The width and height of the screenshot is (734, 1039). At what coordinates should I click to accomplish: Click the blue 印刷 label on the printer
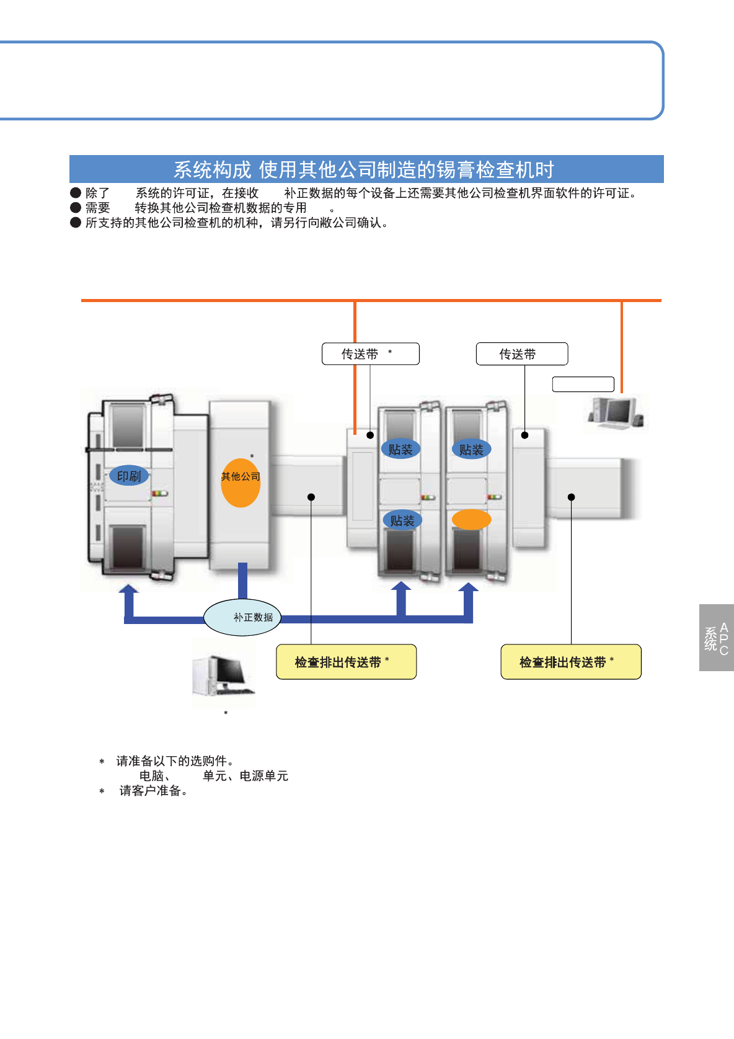[x=129, y=476]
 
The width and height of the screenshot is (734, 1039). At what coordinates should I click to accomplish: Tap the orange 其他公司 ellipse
[x=241, y=483]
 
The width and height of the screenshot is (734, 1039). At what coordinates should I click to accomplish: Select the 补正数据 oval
[x=242, y=617]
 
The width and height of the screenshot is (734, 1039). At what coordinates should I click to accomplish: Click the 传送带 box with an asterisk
[x=370, y=354]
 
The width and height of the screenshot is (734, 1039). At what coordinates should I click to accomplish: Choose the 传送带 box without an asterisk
[x=521, y=354]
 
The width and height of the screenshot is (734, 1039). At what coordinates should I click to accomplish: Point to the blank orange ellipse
[x=471, y=520]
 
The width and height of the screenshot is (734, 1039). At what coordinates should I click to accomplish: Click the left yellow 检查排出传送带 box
[x=346, y=662]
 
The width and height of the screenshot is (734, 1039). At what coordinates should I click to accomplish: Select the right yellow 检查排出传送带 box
[x=570, y=662]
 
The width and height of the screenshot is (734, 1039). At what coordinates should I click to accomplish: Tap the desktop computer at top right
[x=616, y=412]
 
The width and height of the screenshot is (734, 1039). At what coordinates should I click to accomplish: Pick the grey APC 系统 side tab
[x=716, y=638]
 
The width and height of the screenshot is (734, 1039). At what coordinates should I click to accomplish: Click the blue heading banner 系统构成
[x=366, y=169]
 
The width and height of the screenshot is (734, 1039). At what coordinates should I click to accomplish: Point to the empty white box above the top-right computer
[x=583, y=385]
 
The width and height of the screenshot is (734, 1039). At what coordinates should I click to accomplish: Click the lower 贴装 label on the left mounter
[x=402, y=520]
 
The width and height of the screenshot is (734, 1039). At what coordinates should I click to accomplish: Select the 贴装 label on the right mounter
[x=471, y=449]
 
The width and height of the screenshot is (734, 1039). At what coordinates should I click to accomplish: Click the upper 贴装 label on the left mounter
[x=400, y=449]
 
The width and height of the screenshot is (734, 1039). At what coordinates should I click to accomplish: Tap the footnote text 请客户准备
[x=153, y=791]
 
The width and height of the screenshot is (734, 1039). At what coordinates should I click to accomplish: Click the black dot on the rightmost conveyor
[x=571, y=497]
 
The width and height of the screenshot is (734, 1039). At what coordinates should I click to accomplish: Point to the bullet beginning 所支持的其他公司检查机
[x=236, y=223]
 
